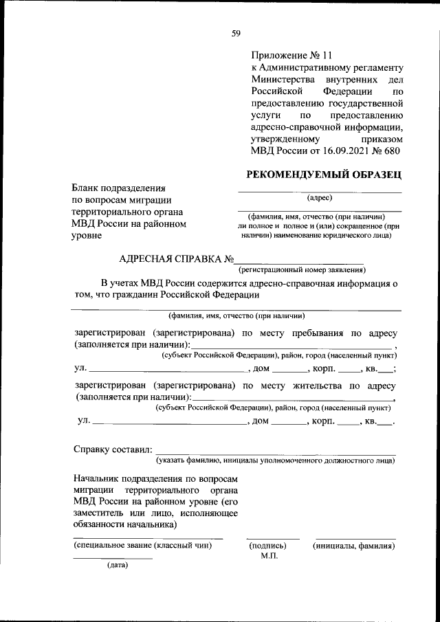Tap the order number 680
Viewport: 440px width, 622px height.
coord(390,151)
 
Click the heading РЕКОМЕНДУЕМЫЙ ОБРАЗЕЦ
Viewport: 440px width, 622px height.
coord(324,175)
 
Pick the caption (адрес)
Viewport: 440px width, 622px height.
coord(319,198)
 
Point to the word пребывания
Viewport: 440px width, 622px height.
coord(311,333)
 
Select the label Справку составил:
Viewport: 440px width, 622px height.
coord(111,449)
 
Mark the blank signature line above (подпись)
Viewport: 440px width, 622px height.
coord(273,538)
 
